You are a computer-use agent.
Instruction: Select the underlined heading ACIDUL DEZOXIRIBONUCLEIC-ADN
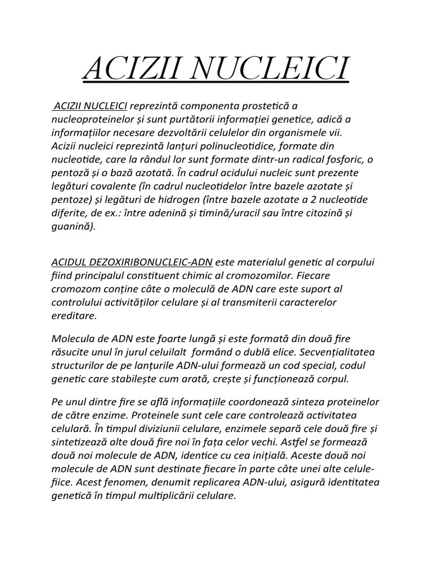coord(132,262)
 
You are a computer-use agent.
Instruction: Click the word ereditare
coord(74,316)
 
